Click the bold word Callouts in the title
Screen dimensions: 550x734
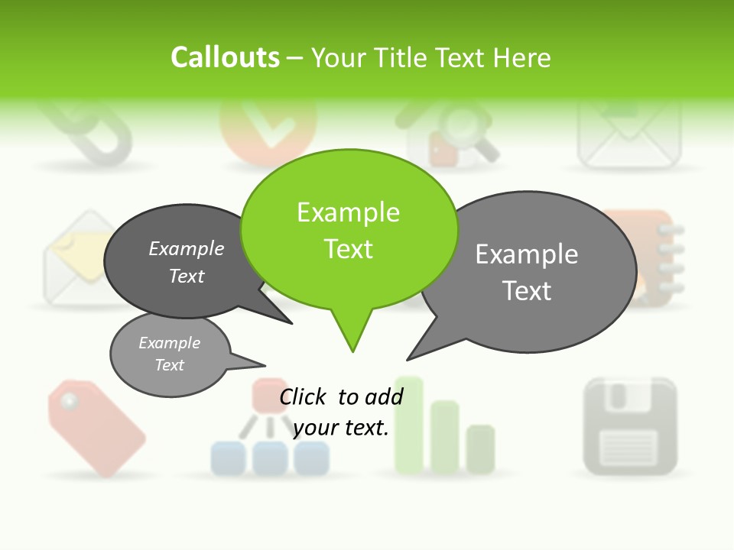coord(225,57)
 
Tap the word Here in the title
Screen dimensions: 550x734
coord(522,58)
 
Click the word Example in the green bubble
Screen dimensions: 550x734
coord(348,212)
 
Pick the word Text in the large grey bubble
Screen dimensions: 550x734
coord(527,291)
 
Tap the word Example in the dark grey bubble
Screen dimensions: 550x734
coord(187,248)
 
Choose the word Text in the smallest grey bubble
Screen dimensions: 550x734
coord(170,365)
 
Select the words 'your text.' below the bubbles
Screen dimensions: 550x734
coord(341,428)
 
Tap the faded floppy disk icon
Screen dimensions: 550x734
coord(630,425)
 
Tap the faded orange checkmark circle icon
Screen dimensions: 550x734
coord(268,130)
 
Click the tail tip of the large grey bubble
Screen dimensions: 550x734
coord(408,359)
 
